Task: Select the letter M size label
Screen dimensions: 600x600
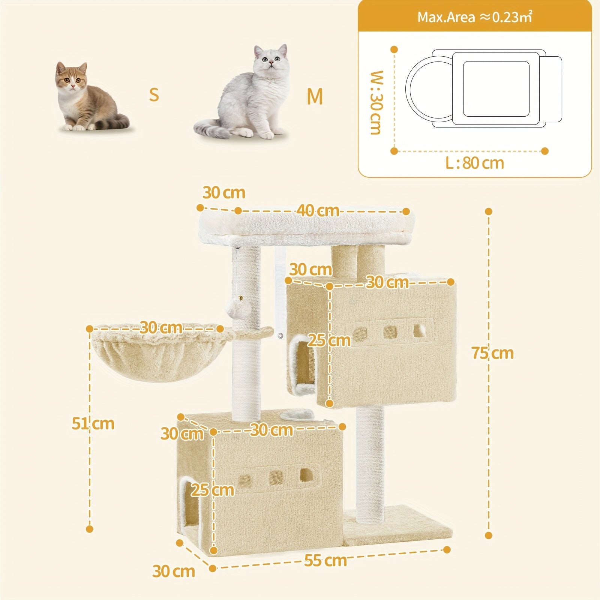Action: tap(315, 96)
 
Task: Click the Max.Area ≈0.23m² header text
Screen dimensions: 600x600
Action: tap(475, 17)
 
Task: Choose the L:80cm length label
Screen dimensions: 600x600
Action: tap(475, 163)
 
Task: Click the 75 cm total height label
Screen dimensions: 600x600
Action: tap(492, 353)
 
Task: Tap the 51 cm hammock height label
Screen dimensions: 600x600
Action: tap(93, 423)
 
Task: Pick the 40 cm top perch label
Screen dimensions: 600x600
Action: tap(318, 210)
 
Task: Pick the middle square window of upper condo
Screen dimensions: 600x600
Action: tap(390, 332)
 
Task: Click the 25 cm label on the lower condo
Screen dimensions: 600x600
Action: tap(212, 490)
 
